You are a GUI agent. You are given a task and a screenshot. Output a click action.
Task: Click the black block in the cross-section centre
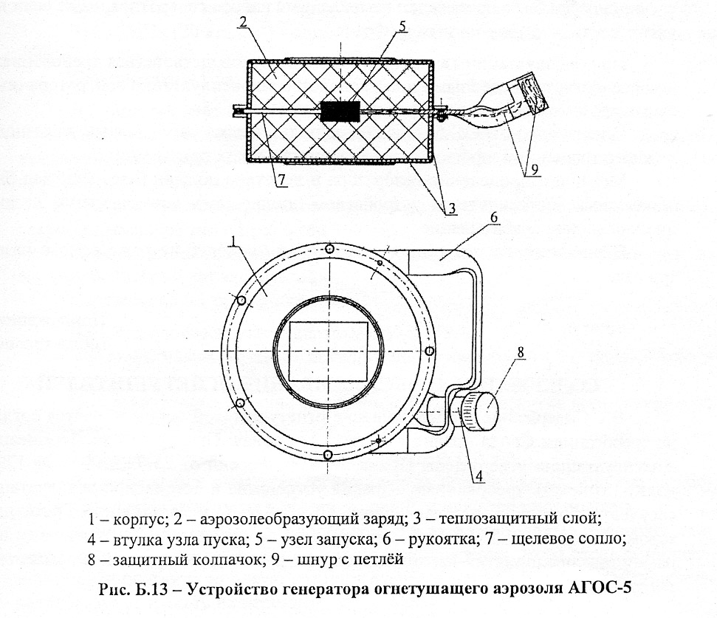340,112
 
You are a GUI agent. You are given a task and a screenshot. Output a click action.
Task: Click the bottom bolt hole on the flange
329,452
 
